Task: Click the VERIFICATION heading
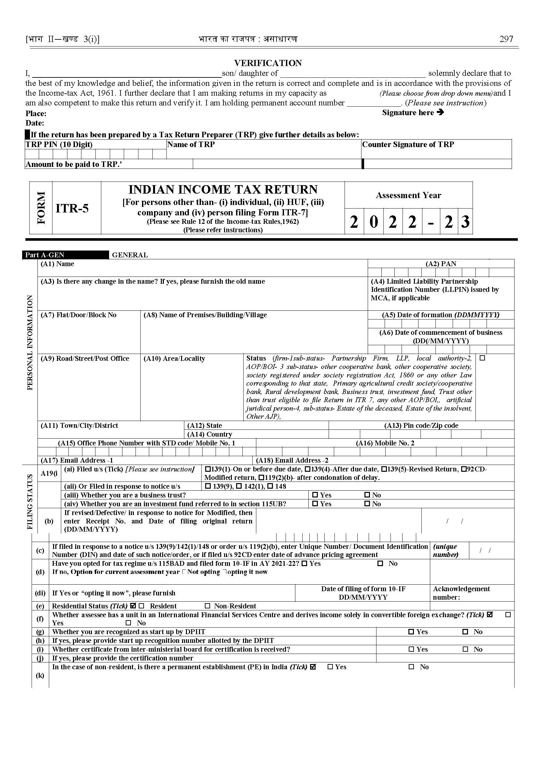pos(268,63)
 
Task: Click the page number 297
pos(506,39)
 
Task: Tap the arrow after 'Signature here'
pos(440,112)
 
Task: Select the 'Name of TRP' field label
pos(191,144)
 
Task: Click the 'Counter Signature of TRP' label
pos(408,144)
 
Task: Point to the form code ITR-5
pos(72,209)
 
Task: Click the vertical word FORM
pos(41,208)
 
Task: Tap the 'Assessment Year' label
pos(408,195)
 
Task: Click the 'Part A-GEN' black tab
pos(45,255)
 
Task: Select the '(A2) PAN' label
pos(441,264)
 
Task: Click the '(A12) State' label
pos(205,426)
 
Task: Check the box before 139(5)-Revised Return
pos(384,469)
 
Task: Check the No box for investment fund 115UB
pos(367,504)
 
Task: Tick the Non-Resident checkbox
pos(208,606)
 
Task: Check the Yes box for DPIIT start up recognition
pos(411,632)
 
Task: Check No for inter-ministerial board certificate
pos(465,649)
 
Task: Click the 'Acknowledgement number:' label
pos(461,593)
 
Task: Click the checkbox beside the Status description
pos(482,358)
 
